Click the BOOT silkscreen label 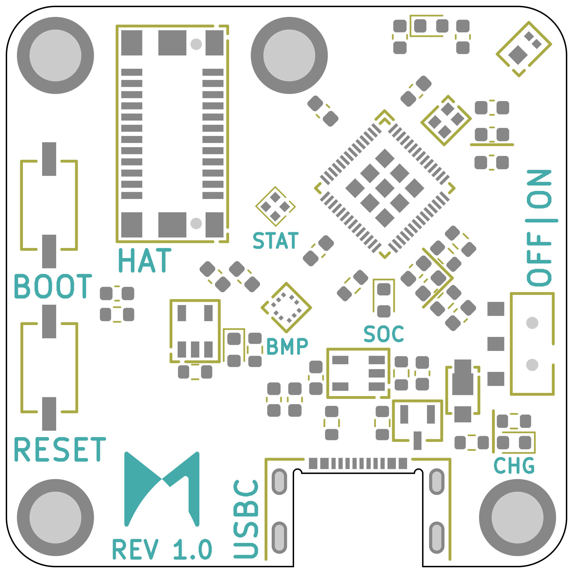coord(53,286)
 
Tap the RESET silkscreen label coord(60,449)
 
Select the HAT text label coord(145,260)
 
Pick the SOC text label coord(383,334)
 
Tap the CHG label coord(514,466)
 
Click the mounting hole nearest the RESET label coord(55,518)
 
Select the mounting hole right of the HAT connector coord(289,55)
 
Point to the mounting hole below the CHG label coord(518,518)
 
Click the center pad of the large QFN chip coord(385,188)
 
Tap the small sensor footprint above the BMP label coord(286,308)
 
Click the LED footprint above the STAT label coord(275,207)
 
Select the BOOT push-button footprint coord(49,205)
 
